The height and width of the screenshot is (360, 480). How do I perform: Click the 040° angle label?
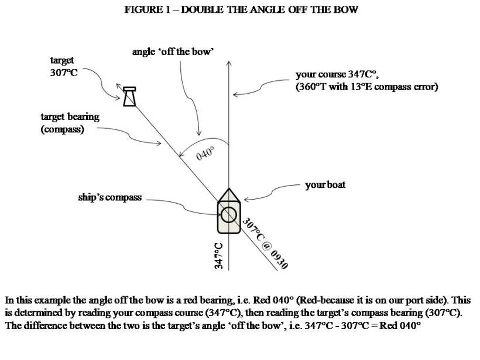[205, 155]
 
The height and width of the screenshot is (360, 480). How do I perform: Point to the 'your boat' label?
[325, 184]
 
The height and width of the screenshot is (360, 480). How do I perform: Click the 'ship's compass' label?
[110, 197]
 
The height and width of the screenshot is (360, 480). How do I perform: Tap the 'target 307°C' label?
[63, 67]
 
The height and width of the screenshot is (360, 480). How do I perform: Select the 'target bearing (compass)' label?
[70, 123]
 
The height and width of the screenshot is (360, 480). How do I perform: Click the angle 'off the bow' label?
[173, 53]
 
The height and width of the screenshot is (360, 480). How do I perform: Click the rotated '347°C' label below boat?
[219, 255]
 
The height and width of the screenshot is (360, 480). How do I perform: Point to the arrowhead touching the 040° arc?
[200, 134]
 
